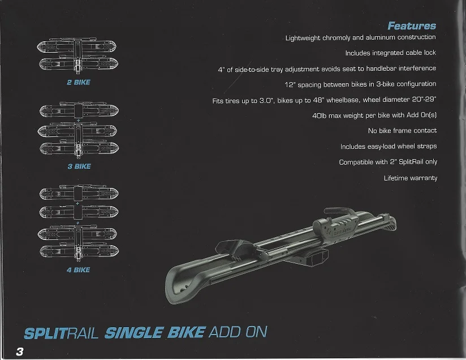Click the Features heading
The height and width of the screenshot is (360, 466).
tap(412, 25)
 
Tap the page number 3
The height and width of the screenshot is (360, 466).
tap(20, 350)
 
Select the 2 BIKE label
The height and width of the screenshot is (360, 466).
tap(78, 82)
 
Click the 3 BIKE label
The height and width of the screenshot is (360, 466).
tap(78, 166)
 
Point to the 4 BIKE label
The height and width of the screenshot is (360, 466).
tap(78, 270)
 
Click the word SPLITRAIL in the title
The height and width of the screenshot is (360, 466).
tap(62, 332)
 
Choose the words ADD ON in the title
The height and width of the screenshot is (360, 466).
tap(238, 332)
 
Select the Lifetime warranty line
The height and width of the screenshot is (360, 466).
tap(410, 178)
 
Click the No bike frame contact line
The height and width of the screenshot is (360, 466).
tap(402, 131)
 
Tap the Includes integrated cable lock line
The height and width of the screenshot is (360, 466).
tap(391, 53)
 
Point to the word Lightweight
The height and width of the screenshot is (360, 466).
tap(303, 37)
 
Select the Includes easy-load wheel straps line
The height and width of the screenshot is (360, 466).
tap(388, 147)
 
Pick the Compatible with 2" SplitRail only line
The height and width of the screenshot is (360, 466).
tap(387, 162)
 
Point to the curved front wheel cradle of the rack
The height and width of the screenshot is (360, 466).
tap(187, 277)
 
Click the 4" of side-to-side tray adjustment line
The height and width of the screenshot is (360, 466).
tap(327, 68)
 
